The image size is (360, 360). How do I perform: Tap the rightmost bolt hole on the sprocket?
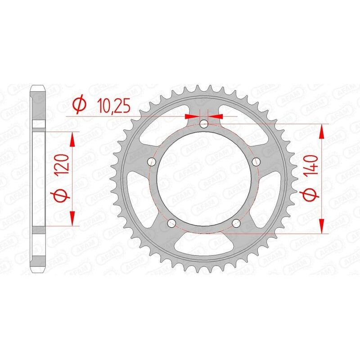coord(257,162)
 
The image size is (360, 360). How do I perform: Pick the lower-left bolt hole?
coord(171,224)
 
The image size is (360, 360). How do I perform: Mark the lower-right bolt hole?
coord(237,224)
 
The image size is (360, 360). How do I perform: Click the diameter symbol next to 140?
coord(314,195)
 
